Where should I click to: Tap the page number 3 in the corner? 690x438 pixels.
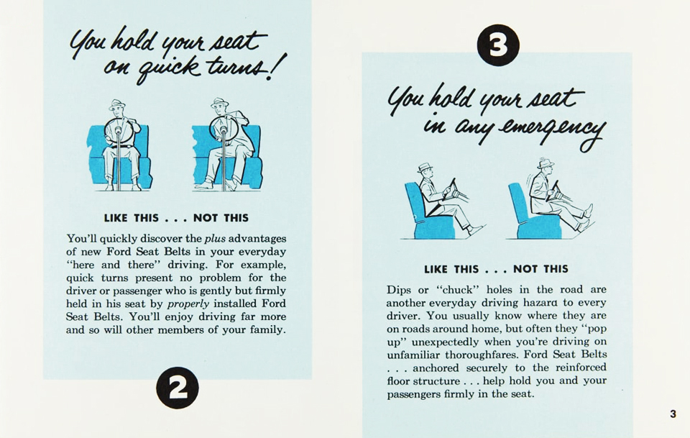pyautogui.click(x=673, y=414)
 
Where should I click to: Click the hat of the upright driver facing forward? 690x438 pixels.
pyautogui.click(x=116, y=104)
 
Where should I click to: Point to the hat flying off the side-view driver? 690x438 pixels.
pyautogui.click(x=546, y=163)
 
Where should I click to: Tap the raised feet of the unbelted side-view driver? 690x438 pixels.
pyautogui.click(x=586, y=216)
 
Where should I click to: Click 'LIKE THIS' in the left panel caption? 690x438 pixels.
pyautogui.click(x=132, y=218)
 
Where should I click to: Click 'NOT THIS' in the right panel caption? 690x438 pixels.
pyautogui.click(x=540, y=269)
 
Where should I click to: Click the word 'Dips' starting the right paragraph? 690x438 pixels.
pyautogui.click(x=399, y=290)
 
